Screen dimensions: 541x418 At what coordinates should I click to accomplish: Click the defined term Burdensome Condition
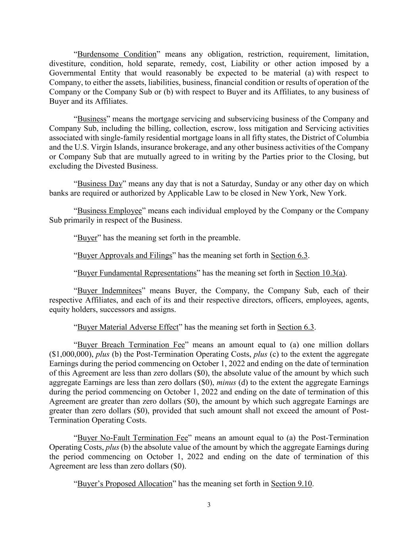(116, 54)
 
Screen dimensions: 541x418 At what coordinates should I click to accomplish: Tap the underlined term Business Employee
(109, 211)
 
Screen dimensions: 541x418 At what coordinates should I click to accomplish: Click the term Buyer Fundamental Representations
(137, 273)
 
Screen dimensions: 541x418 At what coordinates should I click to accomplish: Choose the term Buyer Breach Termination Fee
(131, 345)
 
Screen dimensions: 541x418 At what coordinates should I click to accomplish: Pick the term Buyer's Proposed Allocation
(125, 484)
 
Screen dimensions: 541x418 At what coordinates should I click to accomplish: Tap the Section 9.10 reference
(292, 484)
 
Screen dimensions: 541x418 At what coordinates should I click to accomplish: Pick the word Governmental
(73, 73)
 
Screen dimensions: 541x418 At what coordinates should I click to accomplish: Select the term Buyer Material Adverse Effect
(128, 327)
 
